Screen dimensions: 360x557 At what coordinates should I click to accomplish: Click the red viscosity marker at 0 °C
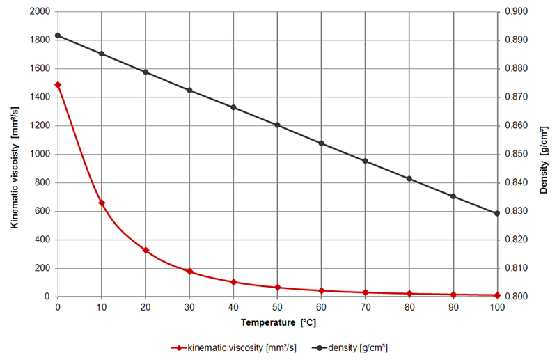coord(58,85)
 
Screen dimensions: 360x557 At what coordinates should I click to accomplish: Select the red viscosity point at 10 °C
coord(102,203)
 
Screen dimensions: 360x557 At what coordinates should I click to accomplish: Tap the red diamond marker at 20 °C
coord(146,250)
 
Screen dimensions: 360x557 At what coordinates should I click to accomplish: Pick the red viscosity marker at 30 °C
coord(189,271)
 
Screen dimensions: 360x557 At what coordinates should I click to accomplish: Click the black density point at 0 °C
coord(58,36)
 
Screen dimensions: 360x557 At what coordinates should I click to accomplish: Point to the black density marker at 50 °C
coord(277,125)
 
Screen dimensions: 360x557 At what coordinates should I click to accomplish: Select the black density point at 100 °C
coord(497,213)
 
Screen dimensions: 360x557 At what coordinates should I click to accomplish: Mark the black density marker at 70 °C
coord(365,161)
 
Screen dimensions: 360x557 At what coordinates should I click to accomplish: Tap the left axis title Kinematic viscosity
coord(14,154)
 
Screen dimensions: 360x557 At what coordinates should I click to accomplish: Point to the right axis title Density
coord(544,155)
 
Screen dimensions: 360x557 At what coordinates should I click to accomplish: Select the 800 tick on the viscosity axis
coord(42,183)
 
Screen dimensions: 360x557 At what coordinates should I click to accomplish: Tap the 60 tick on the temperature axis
coord(321,307)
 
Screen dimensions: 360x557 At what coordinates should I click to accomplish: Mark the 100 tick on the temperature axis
coord(497,307)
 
